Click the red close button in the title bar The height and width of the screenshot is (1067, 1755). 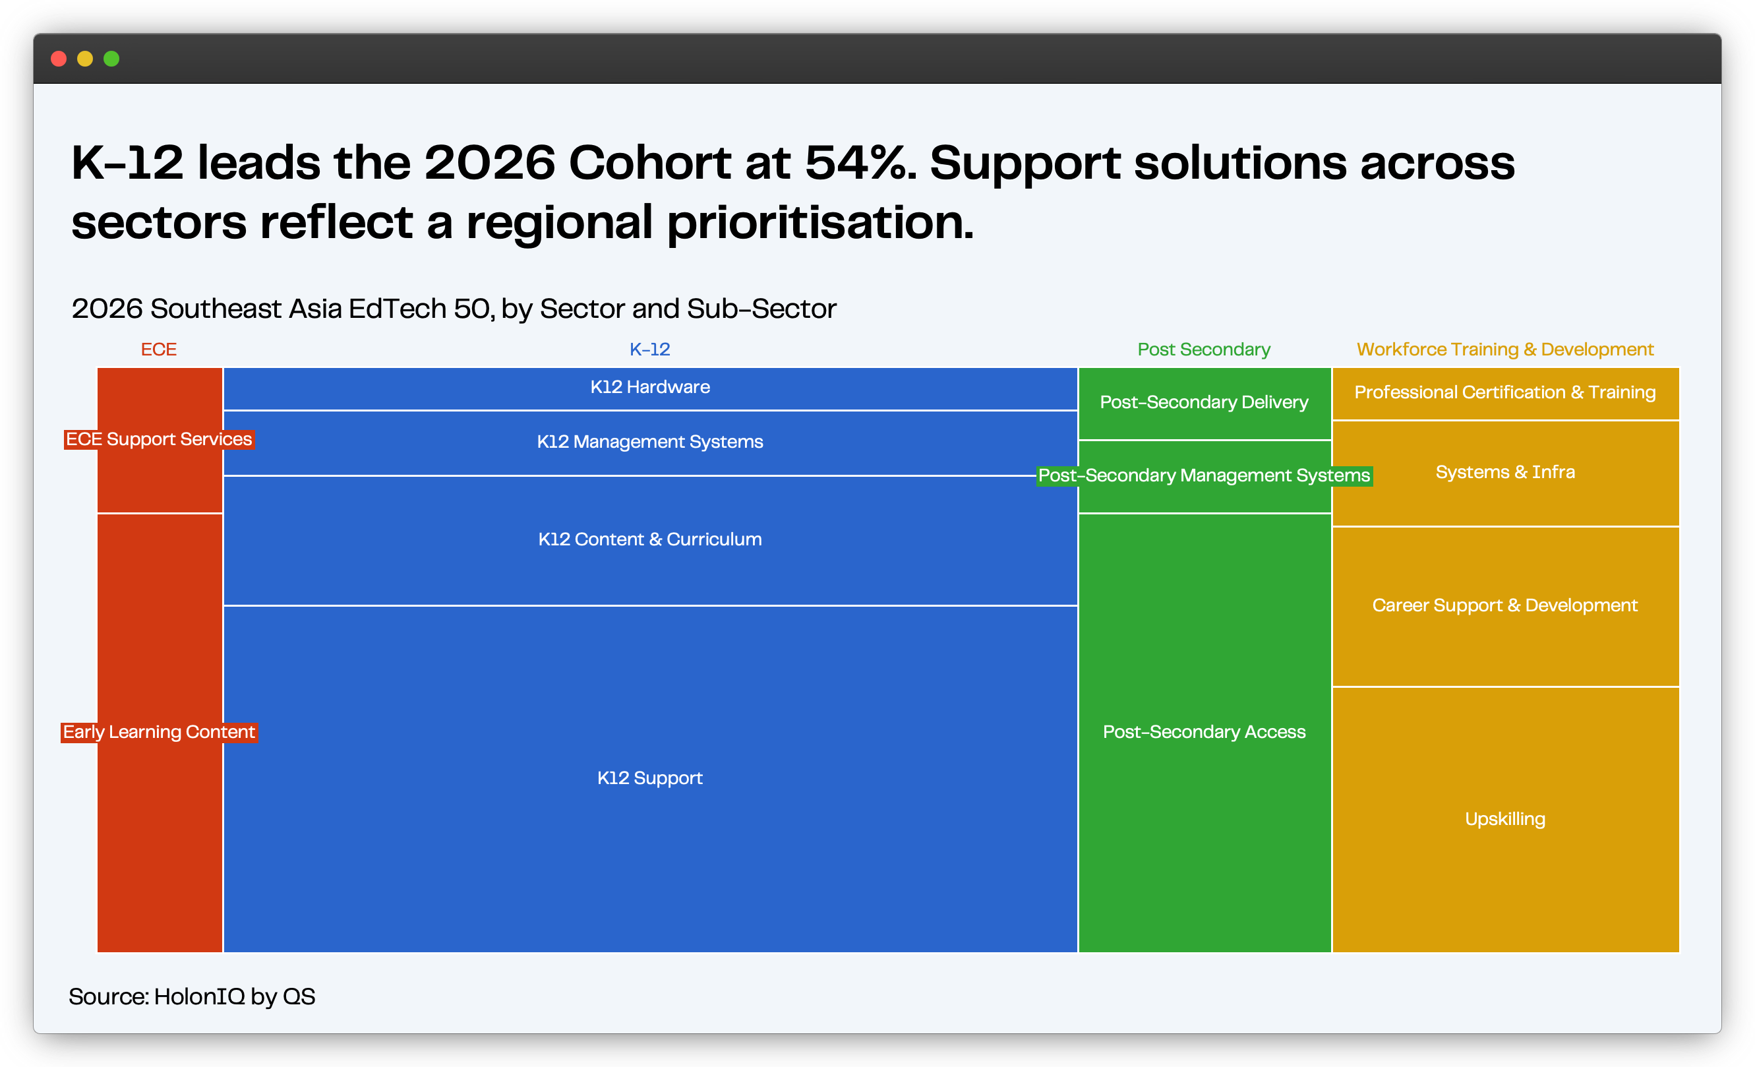[59, 59]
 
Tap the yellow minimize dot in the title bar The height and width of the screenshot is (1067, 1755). [86, 59]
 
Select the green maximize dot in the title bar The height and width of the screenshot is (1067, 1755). [112, 59]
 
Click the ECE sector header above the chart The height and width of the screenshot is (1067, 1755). [159, 349]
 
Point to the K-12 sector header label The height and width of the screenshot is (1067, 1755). [649, 349]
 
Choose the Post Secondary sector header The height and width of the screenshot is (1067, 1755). [1204, 349]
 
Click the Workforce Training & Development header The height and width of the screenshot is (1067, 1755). [1505, 349]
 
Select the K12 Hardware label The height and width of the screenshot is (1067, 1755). [650, 386]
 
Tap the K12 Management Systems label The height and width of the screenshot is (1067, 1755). [650, 442]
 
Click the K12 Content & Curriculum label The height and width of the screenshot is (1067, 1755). [650, 539]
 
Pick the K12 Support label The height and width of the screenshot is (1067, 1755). [650, 777]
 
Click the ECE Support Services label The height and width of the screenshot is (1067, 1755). [159, 439]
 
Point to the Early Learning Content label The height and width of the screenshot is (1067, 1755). [159, 732]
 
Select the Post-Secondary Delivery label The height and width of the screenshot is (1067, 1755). [1205, 402]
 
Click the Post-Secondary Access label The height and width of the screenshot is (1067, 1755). [1205, 732]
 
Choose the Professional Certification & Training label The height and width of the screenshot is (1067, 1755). [1505, 392]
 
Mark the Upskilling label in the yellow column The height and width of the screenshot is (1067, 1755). [1505, 819]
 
